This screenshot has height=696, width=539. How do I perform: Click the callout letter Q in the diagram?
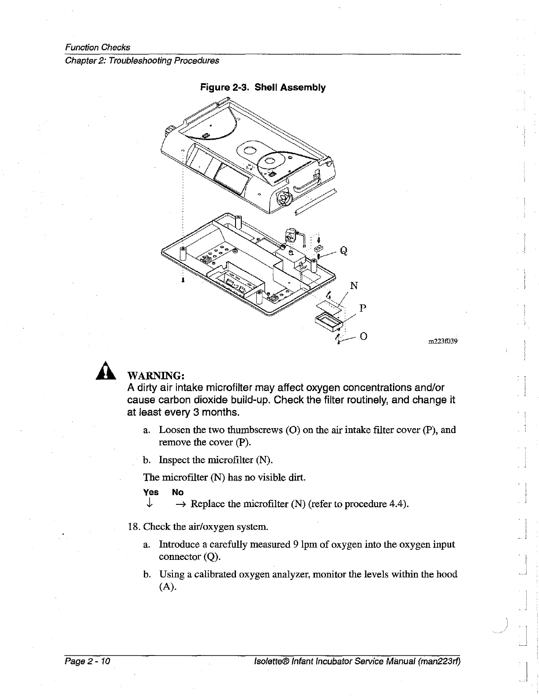[x=344, y=251]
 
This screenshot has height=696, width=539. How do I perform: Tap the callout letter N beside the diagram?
[x=354, y=286]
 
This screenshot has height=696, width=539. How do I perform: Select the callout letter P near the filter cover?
[x=363, y=308]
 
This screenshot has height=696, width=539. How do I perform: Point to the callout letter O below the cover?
[x=363, y=336]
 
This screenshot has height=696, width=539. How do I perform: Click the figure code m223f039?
[x=442, y=341]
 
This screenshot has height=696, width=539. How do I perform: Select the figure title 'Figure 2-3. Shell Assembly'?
[x=263, y=87]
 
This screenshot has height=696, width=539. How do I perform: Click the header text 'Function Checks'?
[x=97, y=47]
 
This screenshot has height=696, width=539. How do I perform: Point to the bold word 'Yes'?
[x=151, y=492]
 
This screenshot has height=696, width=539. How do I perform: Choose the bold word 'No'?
[x=178, y=492]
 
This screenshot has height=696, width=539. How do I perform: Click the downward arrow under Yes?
[x=150, y=503]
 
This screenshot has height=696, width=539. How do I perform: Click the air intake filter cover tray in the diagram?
[x=328, y=322]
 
